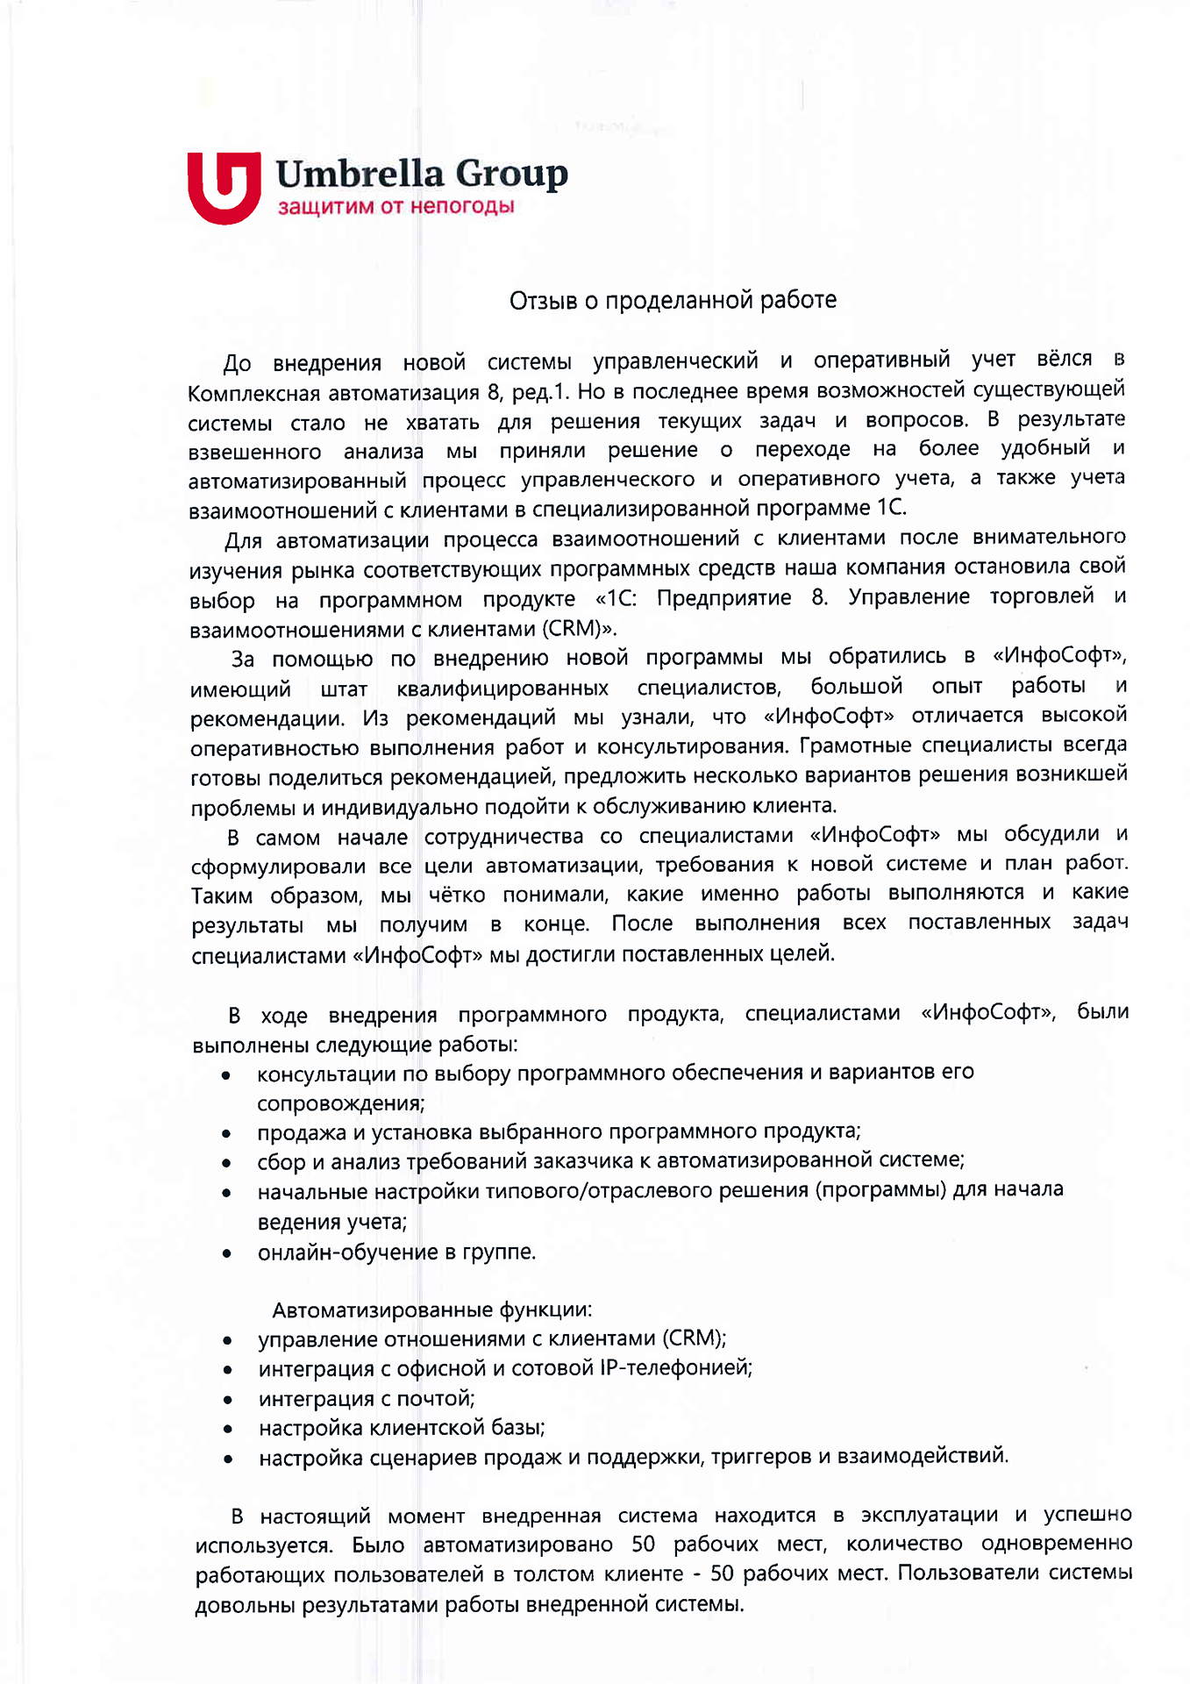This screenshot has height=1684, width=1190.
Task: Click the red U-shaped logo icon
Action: click(x=224, y=187)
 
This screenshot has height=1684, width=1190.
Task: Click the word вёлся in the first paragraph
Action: click(x=1065, y=360)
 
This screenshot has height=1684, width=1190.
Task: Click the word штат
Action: click(x=344, y=689)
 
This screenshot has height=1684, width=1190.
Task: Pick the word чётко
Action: click(x=457, y=896)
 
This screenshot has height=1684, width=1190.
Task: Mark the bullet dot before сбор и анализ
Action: click(x=226, y=1163)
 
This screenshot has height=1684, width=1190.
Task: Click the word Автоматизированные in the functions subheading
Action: click(x=382, y=1310)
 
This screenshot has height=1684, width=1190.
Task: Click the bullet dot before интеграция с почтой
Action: click(x=227, y=1399)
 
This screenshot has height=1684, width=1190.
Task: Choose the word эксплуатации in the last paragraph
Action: click(x=929, y=1516)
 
